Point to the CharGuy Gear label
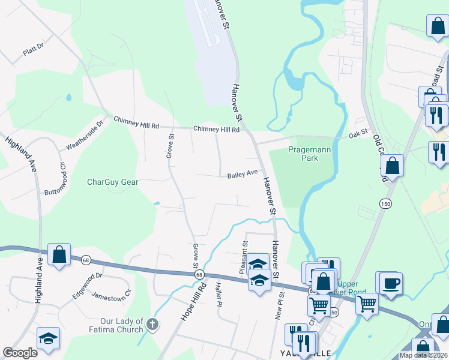tap(113, 182)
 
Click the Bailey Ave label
tap(243, 174)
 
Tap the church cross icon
tap(152, 325)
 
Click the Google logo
tap(20, 353)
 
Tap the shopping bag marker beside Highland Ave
tap(59, 254)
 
